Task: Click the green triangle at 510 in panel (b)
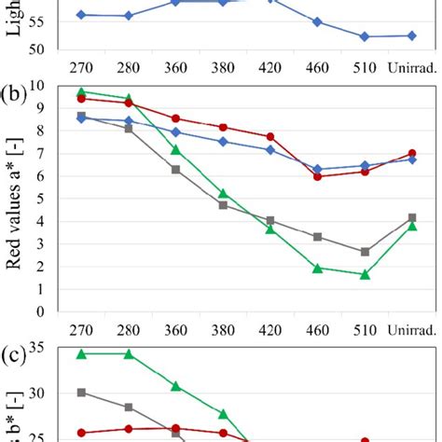(x=365, y=275)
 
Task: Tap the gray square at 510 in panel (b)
(x=365, y=252)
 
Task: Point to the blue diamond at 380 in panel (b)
(x=223, y=142)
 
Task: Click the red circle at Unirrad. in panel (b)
(x=412, y=153)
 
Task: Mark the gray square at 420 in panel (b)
(x=270, y=221)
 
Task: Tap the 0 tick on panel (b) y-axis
(x=42, y=313)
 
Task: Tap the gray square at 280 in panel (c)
(x=129, y=407)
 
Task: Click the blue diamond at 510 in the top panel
(x=365, y=36)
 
